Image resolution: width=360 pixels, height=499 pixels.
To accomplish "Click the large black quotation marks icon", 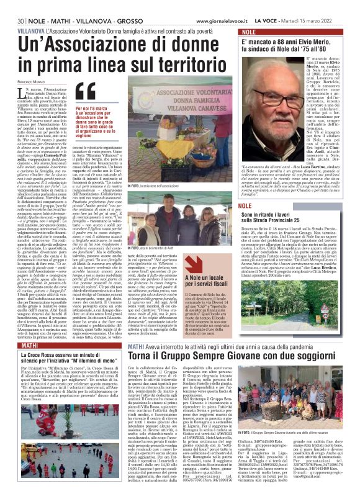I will [x=86, y=91].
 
